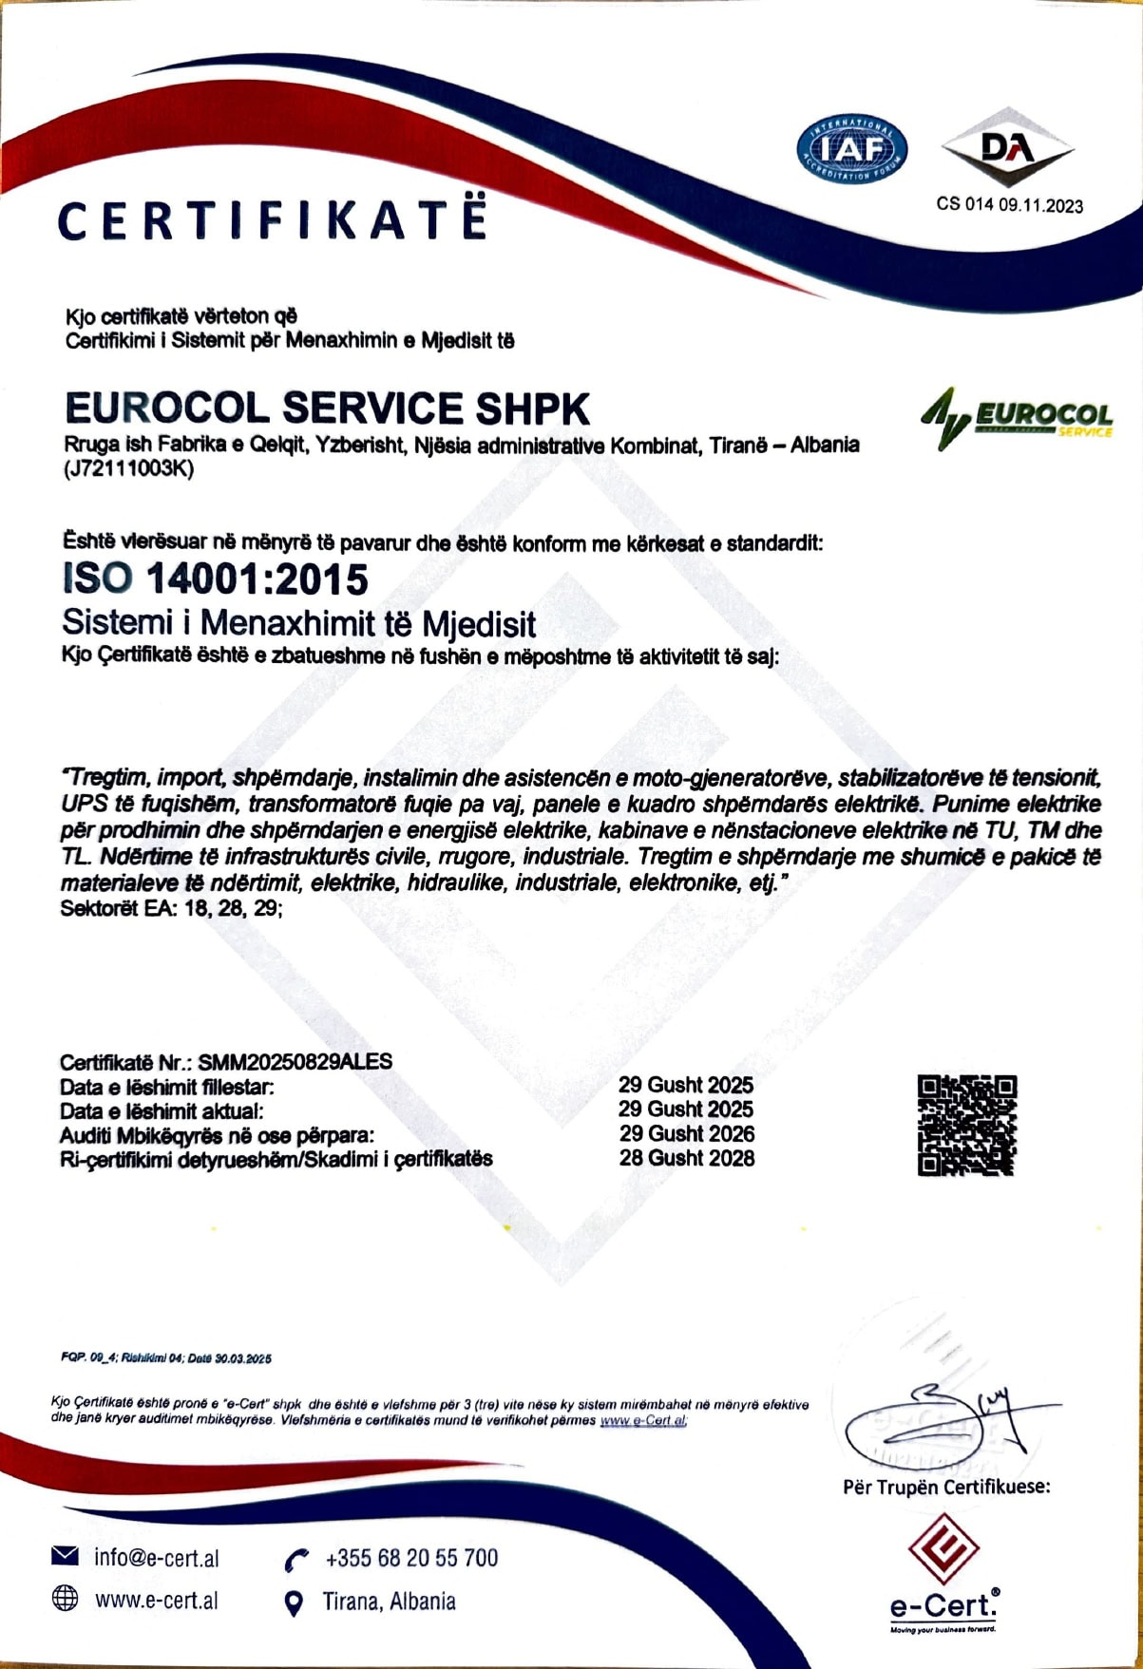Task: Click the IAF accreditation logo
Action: click(851, 150)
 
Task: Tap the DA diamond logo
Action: click(1007, 150)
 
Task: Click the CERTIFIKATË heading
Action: click(273, 220)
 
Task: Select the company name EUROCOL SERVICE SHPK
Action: click(328, 408)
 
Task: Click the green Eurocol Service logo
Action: click(1017, 418)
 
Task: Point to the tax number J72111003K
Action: click(129, 468)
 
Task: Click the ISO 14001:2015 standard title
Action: click(215, 579)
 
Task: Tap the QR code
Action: click(967, 1125)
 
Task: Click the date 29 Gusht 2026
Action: click(687, 1133)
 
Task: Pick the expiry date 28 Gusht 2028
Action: click(687, 1158)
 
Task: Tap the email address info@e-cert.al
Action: click(157, 1558)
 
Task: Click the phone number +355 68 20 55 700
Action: click(411, 1558)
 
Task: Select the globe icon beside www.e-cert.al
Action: click(65, 1599)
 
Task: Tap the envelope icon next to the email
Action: click(65, 1556)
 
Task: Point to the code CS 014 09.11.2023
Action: click(1009, 204)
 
